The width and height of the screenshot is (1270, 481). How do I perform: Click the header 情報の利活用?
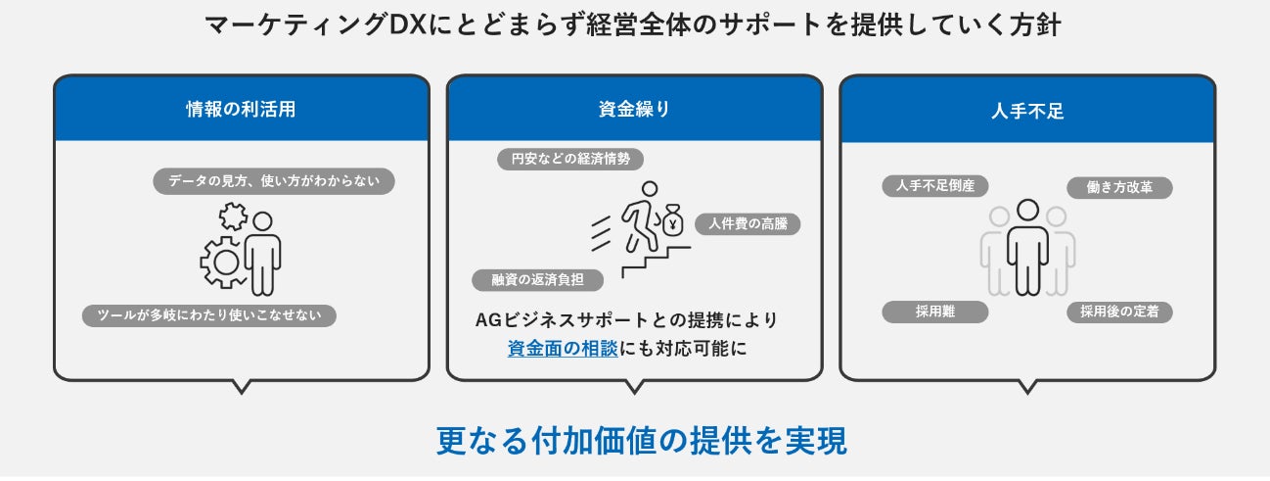pos(241,110)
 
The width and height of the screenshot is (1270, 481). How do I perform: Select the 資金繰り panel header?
pos(634,110)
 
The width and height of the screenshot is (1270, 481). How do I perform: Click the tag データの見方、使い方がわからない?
pos(274,181)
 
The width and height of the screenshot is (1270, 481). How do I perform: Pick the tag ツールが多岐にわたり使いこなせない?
pos(209,315)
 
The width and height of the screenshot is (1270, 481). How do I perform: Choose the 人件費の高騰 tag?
pos(748,223)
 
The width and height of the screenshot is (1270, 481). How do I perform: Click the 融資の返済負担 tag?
pos(538,279)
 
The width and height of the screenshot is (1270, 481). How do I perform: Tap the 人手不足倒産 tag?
pos(934,185)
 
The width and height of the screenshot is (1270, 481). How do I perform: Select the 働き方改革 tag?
pos(1119,187)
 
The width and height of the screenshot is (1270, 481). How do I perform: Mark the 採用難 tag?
pos(934,312)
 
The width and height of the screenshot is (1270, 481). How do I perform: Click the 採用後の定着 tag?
pos(1119,312)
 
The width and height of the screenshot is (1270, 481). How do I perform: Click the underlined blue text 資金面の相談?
pos(563,348)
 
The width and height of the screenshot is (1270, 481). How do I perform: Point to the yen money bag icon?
pos(672,221)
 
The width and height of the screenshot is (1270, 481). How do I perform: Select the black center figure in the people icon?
pos(1027,246)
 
